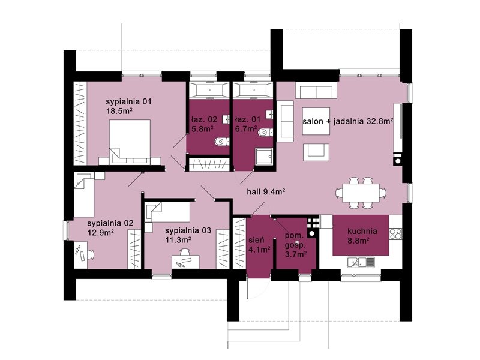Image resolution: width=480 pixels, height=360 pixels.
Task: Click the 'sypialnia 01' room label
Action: pyautogui.click(x=128, y=101)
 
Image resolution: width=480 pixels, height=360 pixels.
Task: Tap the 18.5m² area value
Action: pyautogui.click(x=119, y=110)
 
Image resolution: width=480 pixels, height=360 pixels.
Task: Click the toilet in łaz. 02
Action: pyautogui.click(x=222, y=142)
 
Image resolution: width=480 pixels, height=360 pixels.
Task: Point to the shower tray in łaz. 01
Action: pyautogui.click(x=263, y=157)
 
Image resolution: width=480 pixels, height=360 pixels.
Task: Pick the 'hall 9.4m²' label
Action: pyautogui.click(x=266, y=192)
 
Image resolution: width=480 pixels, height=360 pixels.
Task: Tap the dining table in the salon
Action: pyautogui.click(x=361, y=193)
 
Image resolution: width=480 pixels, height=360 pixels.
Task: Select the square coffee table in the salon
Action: pyautogui.click(x=316, y=121)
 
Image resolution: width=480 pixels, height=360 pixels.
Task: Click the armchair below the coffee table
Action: pyautogui.click(x=316, y=152)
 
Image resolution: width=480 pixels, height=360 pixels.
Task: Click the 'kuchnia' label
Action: pyautogui.click(x=362, y=231)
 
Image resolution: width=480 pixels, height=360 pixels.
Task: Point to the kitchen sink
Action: pyautogui.click(x=361, y=262)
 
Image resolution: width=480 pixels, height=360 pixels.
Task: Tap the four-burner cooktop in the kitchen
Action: pyautogui.click(x=395, y=234)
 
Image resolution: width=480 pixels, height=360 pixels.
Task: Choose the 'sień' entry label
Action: pyautogui.click(x=256, y=240)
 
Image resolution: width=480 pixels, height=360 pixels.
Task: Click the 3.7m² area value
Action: pyautogui.click(x=296, y=254)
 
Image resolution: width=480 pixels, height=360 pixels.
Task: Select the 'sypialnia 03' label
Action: pyautogui.click(x=188, y=230)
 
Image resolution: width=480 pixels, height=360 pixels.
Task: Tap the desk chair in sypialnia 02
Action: pyautogui.click(x=91, y=254)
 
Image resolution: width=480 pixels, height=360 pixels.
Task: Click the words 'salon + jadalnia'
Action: pyautogui.click(x=334, y=122)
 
